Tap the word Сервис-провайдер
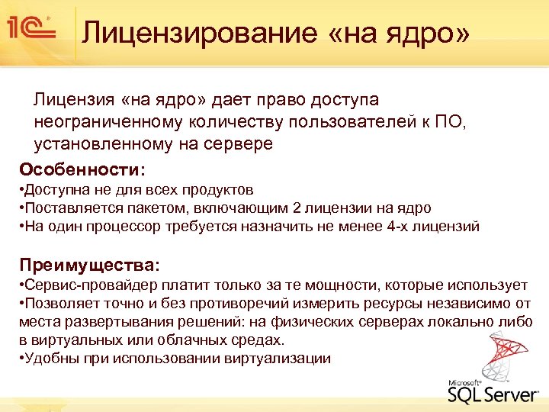tap(87, 285)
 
